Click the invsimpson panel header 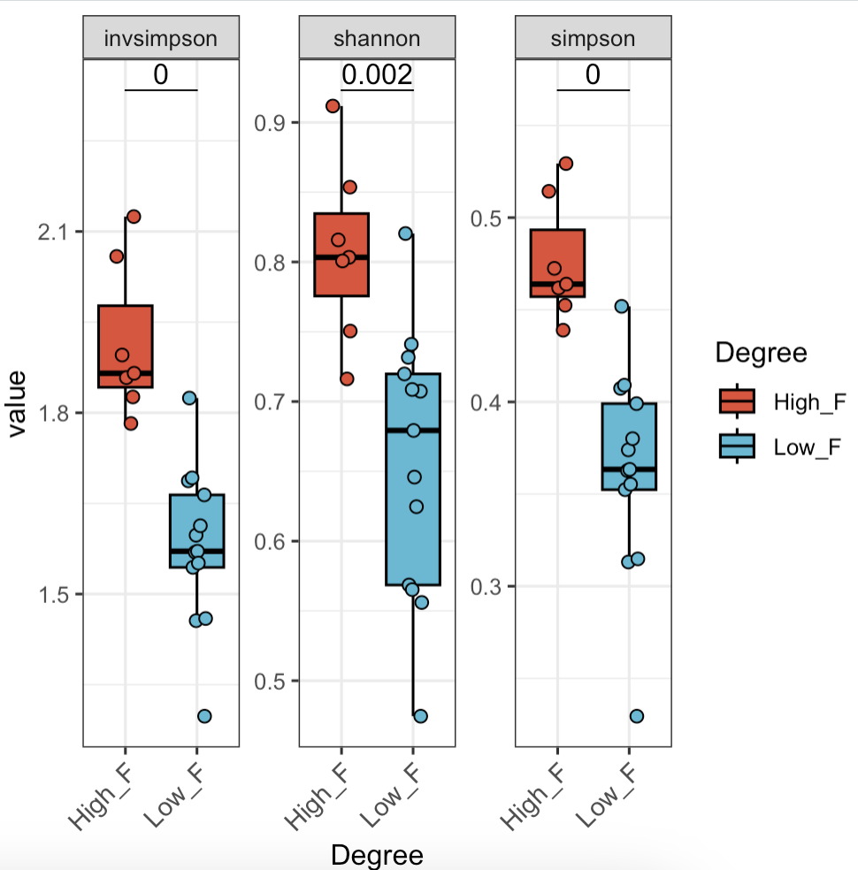pos(160,38)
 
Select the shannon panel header pos(377,38)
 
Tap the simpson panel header pos(593,38)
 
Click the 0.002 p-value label pos(377,75)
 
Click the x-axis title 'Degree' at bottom pos(377,854)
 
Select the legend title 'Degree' pos(761,353)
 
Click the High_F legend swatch pos(737,402)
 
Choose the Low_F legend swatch pos(737,447)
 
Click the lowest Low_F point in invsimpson pos(204,715)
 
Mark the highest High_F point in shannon pos(333,106)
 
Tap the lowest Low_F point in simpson pos(636,716)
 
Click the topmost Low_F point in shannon pos(405,233)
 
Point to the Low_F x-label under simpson pos(612,796)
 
